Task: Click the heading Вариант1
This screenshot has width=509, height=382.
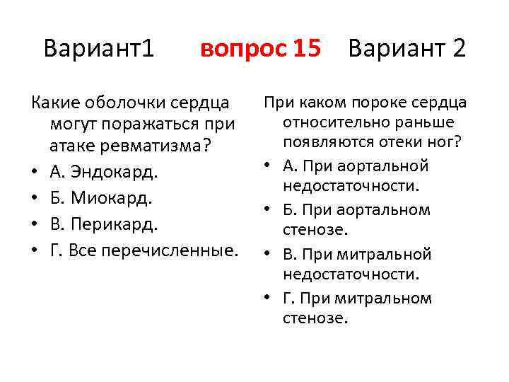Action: pyautogui.click(x=98, y=49)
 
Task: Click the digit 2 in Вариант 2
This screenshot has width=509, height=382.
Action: pyautogui.click(x=458, y=49)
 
